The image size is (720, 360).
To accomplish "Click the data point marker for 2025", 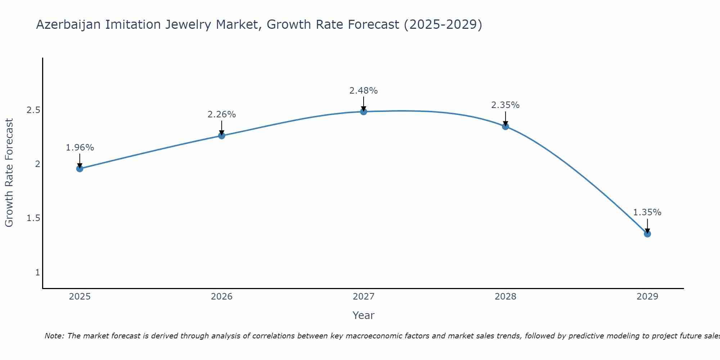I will (x=80, y=168).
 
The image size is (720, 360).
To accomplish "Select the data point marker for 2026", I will (x=221, y=136).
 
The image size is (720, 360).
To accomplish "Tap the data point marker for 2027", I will (x=363, y=112).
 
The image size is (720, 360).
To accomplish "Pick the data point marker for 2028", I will (x=505, y=126).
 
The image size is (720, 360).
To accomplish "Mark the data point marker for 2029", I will (x=647, y=234).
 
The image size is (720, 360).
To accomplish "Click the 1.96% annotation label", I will (x=80, y=148).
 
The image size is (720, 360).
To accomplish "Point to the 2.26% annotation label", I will (x=221, y=114).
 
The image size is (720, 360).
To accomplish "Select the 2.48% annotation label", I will (x=363, y=91).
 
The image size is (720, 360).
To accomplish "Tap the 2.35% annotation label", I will (x=505, y=105).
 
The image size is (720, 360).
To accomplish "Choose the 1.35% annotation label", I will (x=647, y=212).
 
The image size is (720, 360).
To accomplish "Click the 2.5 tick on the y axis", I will (x=33, y=110).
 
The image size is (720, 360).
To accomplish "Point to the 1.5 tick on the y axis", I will (x=33, y=219).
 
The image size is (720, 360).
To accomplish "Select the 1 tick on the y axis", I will (x=37, y=273).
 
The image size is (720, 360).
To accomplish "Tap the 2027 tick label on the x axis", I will (x=363, y=297).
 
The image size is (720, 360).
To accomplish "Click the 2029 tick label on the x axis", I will (x=647, y=297).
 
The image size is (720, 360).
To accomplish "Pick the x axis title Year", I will (x=363, y=315).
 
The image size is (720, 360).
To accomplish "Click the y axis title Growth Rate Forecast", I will (x=9, y=173).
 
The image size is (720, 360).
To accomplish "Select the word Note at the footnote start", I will (x=54, y=336).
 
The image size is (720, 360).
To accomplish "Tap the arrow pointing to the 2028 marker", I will (x=505, y=118).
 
